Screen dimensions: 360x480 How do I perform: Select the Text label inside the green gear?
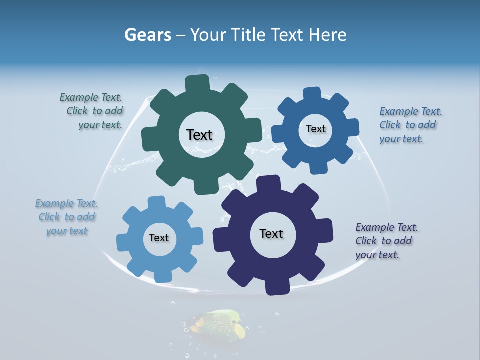click(199, 135)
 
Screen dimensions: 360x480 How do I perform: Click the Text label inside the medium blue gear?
click(315, 129)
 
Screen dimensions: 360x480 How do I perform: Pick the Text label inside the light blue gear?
click(159, 238)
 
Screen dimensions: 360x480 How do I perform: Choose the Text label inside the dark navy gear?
click(271, 233)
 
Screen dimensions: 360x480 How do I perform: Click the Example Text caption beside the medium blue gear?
click(410, 125)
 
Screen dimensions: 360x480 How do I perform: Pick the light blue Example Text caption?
click(66, 217)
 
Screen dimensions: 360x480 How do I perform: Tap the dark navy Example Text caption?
click(386, 241)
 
